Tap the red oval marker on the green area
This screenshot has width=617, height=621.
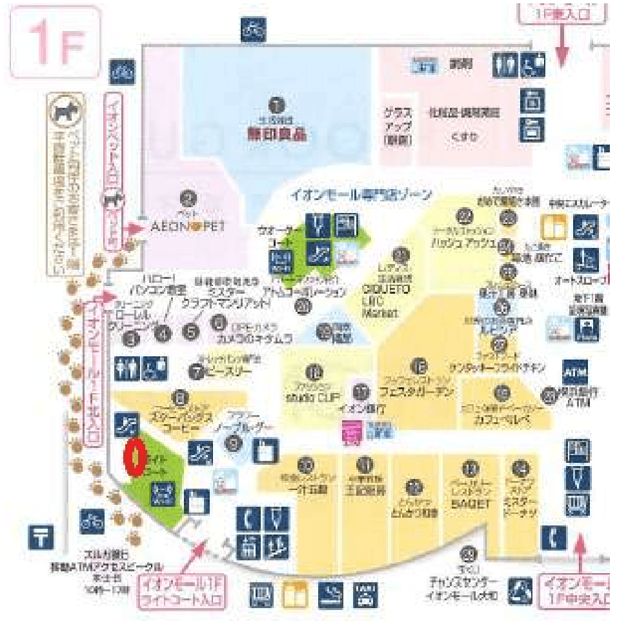[134, 458]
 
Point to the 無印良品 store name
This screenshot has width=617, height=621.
[276, 136]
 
